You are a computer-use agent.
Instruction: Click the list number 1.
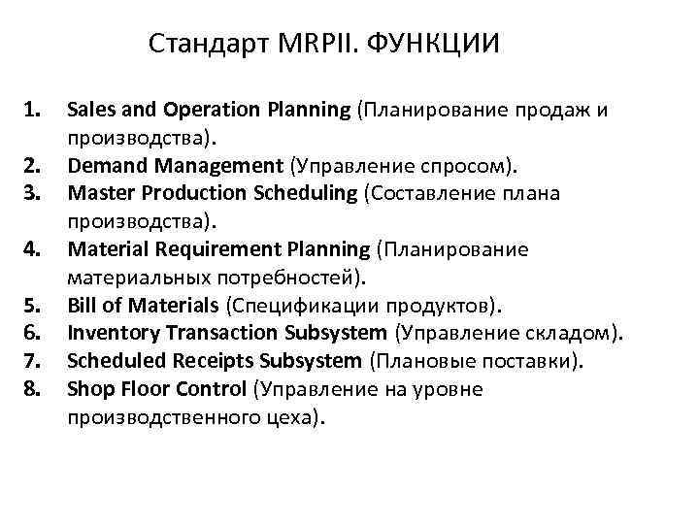(32, 110)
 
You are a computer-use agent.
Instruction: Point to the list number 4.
(32, 250)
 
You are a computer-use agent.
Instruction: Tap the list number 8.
(32, 390)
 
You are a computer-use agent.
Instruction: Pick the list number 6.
(32, 335)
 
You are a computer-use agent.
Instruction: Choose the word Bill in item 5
(82, 307)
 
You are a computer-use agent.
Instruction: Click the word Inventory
(106, 335)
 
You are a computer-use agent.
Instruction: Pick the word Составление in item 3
(428, 193)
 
